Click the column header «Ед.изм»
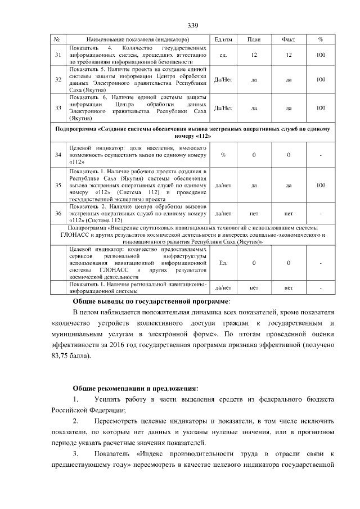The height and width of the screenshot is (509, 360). coord(224,39)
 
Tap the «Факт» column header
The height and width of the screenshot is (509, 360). coord(288,39)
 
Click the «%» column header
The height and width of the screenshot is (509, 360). coord(321,39)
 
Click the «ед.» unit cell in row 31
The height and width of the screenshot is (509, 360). coord(224,55)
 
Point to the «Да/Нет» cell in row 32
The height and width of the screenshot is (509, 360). coord(224,79)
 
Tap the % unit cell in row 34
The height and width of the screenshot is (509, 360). coord(224,154)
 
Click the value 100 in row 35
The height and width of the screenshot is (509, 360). coord(321,184)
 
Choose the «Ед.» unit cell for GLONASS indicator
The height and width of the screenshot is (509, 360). coord(224,263)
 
